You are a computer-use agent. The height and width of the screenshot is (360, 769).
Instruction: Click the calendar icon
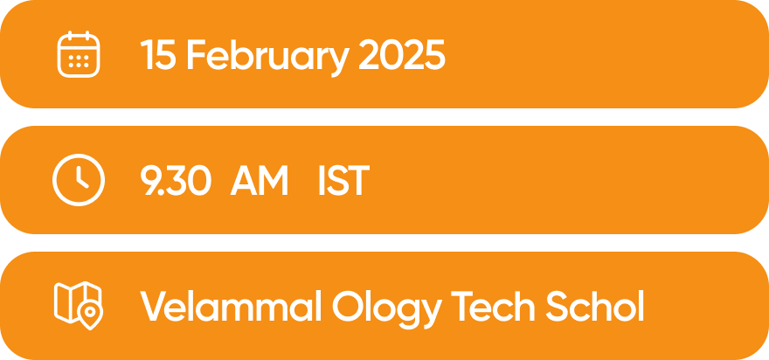click(79, 54)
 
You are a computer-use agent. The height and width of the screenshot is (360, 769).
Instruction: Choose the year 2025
click(402, 54)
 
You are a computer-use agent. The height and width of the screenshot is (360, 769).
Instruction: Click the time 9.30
click(176, 180)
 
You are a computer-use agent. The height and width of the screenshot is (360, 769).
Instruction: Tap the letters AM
click(259, 180)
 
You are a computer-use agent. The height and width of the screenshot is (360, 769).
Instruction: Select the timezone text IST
click(343, 180)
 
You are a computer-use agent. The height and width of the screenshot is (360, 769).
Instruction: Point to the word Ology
click(387, 309)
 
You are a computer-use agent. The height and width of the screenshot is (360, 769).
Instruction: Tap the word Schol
click(594, 306)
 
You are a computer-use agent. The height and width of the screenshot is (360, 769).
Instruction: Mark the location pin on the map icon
click(90, 313)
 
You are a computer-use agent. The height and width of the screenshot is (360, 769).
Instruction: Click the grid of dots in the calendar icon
click(79, 61)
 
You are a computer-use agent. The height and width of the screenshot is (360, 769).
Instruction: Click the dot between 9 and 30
click(161, 192)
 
